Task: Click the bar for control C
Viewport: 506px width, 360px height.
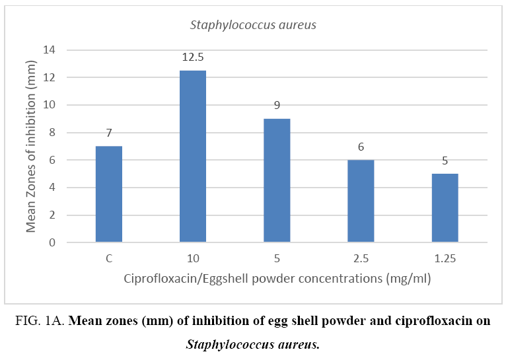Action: click(109, 194)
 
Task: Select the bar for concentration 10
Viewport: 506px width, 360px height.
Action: click(193, 157)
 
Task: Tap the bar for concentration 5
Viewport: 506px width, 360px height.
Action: click(277, 180)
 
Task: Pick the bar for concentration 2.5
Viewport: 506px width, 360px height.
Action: click(361, 201)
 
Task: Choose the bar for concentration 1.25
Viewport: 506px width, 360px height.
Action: click(445, 208)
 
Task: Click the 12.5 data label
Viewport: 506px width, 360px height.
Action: click(193, 57)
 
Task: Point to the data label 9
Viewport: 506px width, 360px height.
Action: click(277, 106)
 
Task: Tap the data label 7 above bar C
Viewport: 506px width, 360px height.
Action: click(109, 133)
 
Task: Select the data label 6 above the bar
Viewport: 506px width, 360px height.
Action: click(361, 147)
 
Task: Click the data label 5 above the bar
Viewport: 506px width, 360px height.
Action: click(445, 161)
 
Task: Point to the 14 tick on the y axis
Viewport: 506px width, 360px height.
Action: click(50, 50)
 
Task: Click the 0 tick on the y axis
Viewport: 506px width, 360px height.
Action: click(52, 242)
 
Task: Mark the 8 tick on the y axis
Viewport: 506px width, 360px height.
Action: click(52, 133)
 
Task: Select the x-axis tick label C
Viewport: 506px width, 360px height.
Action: click(109, 258)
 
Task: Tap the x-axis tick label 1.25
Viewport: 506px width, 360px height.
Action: click(445, 258)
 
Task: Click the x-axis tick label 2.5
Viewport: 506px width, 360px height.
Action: click(361, 258)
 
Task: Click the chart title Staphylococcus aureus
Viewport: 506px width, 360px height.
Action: click(253, 26)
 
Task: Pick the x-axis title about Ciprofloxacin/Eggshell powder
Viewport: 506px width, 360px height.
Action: click(277, 279)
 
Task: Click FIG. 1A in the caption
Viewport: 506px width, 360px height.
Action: click(42, 322)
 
